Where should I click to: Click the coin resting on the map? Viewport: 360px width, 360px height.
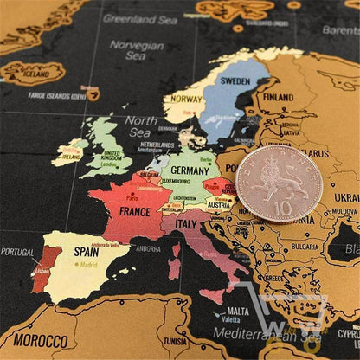coord(278,183)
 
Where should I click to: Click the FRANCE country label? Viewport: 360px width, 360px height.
coord(134,210)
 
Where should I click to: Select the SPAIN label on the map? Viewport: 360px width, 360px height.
coord(86,251)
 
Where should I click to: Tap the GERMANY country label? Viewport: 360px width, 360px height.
coord(190,170)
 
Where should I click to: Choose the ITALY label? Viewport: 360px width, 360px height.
coord(187,223)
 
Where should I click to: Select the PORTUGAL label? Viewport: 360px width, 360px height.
coord(16,252)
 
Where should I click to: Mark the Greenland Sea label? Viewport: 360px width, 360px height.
coord(139,17)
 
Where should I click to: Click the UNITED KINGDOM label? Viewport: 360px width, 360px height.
coord(111,157)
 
